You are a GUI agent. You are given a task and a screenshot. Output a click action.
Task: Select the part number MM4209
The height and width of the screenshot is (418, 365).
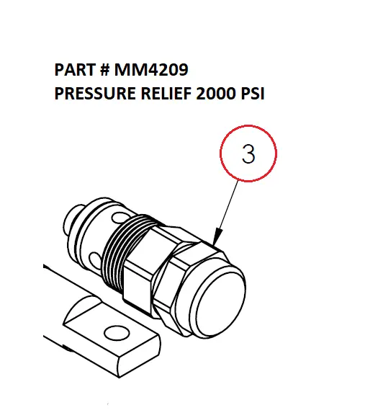151,70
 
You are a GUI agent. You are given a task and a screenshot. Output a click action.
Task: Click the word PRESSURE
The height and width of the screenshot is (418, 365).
95,94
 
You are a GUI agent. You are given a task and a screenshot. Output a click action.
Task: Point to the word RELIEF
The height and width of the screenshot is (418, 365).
166,94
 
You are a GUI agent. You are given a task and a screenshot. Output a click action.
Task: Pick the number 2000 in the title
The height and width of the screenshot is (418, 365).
216,94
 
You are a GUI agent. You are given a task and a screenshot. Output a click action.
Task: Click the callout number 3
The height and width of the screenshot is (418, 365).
248,154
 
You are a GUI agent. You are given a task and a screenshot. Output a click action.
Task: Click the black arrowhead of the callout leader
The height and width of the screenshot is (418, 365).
217,236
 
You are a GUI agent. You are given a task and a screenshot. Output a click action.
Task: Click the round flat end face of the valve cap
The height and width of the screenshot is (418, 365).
220,302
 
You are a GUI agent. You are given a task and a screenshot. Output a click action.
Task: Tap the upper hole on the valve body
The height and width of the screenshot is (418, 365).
119,218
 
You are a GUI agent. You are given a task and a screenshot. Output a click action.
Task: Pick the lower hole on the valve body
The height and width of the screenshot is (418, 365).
94,259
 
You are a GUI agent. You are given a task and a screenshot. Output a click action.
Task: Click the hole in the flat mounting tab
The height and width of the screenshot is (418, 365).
117,333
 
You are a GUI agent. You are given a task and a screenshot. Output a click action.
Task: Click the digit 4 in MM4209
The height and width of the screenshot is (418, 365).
151,70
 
